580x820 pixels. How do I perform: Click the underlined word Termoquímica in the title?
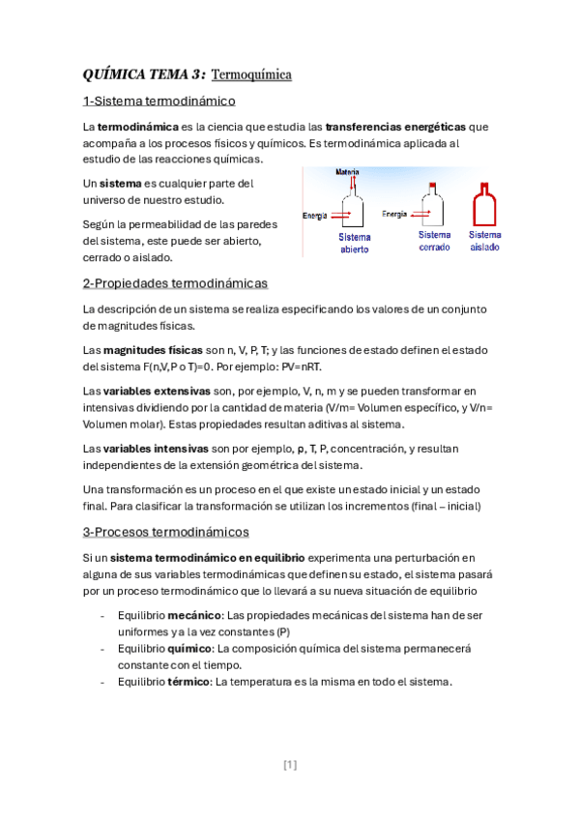[251, 74]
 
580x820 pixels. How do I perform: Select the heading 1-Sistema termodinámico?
[159, 102]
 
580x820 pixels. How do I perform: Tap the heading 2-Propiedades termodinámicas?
[175, 283]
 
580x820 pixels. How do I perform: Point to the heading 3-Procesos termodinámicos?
[166, 532]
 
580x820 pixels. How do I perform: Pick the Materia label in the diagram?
[347, 173]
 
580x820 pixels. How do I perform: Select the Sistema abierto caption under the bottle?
[354, 243]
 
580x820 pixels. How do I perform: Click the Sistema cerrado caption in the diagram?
[434, 241]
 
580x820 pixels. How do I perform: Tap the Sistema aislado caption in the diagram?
[485, 241]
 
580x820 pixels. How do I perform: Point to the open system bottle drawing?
[355, 210]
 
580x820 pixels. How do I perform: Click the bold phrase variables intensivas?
[154, 449]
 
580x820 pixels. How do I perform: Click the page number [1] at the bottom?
[290, 765]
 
